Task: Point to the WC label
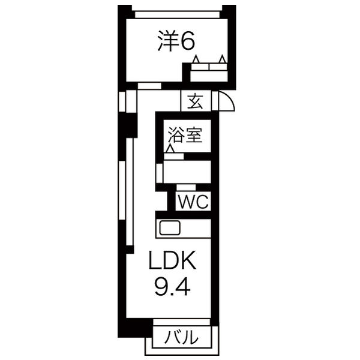click(193, 202)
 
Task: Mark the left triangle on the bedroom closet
click(196, 59)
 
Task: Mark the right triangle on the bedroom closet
click(223, 59)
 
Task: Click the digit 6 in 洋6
click(187, 41)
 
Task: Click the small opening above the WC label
click(187, 188)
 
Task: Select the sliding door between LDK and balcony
click(181, 326)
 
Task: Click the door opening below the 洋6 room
click(149, 86)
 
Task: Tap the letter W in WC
click(186, 202)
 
